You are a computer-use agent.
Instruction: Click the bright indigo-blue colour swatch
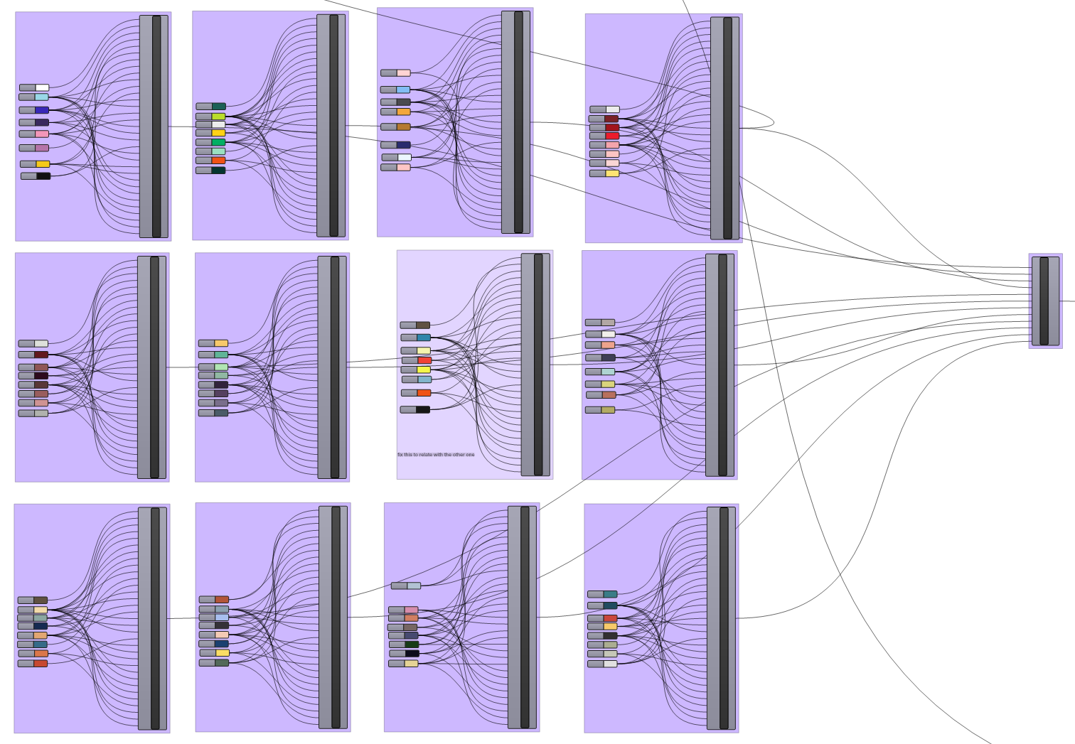click(x=42, y=110)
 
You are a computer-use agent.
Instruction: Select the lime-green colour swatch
click(x=218, y=117)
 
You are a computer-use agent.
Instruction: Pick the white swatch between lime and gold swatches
click(x=218, y=125)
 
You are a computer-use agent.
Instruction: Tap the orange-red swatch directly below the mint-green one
click(x=218, y=160)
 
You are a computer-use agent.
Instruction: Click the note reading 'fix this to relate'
click(x=436, y=454)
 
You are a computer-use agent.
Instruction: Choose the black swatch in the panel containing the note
click(x=423, y=409)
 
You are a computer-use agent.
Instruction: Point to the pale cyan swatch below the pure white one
click(x=42, y=97)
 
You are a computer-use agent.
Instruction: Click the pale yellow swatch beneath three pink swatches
click(x=612, y=173)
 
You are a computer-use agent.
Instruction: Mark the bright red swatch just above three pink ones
click(x=612, y=136)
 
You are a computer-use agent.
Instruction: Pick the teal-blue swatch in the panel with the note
click(x=423, y=338)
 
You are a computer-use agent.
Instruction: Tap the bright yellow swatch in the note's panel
click(x=423, y=370)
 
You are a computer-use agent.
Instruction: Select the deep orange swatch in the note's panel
click(x=424, y=393)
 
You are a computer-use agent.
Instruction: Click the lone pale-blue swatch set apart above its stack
click(x=414, y=586)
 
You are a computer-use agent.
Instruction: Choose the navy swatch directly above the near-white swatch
click(x=403, y=145)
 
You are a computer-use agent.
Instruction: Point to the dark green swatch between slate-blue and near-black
click(x=411, y=645)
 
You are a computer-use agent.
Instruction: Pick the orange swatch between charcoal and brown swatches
click(x=403, y=112)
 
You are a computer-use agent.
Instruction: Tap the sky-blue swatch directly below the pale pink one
click(x=403, y=90)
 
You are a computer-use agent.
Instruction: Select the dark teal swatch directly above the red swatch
click(x=610, y=606)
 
